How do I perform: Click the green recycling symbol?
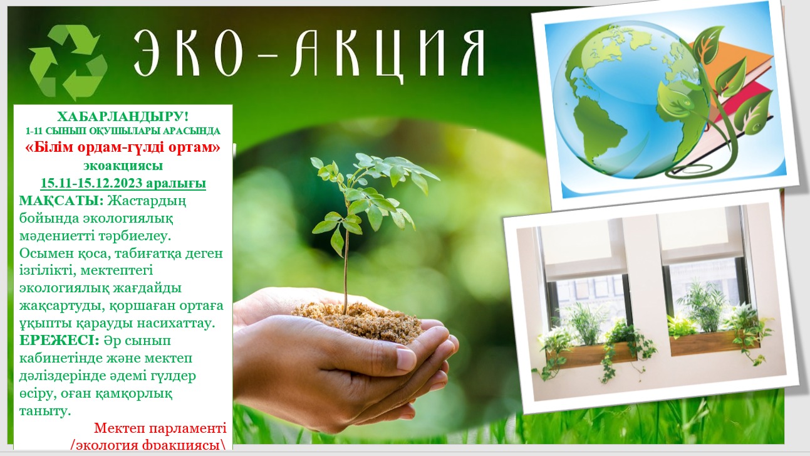(68, 61)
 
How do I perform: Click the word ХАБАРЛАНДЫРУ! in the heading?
(123, 117)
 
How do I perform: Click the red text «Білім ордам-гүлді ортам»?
(123, 147)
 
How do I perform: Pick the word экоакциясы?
(123, 166)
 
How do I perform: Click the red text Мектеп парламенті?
(160, 428)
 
